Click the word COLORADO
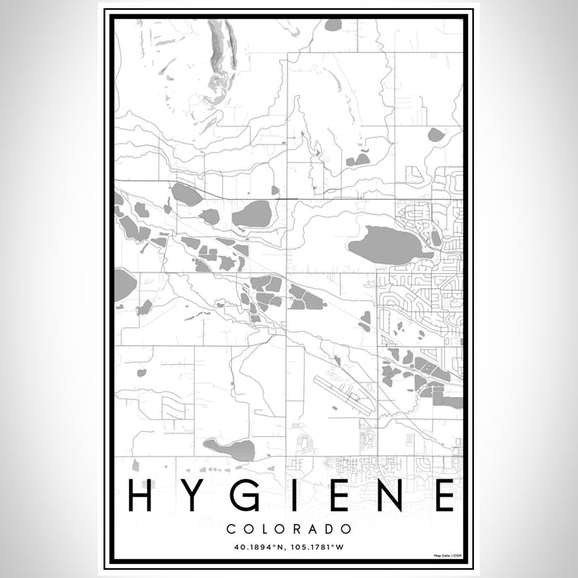[x=289, y=528]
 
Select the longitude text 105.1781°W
[x=326, y=545]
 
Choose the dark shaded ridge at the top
[x=224, y=50]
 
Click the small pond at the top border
[x=334, y=25]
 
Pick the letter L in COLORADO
[x=263, y=528]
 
